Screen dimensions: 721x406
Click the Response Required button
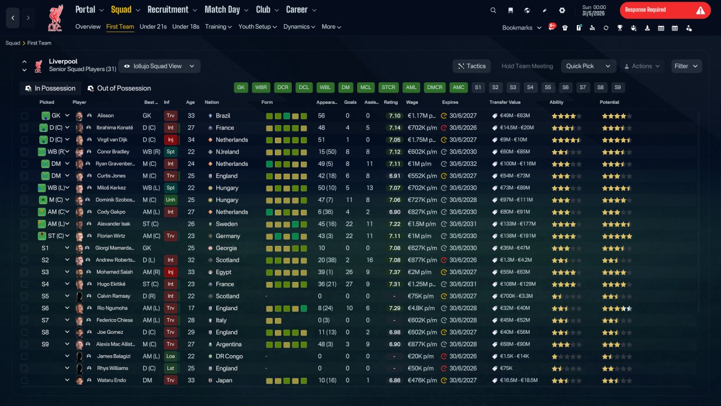tap(665, 10)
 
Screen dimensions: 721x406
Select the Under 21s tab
tap(153, 27)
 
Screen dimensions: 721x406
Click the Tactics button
tap(471, 66)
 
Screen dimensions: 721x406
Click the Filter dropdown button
tap(686, 66)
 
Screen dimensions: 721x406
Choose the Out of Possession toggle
tap(119, 89)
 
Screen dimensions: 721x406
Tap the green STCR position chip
tap(388, 87)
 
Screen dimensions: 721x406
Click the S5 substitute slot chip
tap(548, 87)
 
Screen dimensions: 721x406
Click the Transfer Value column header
tap(505, 102)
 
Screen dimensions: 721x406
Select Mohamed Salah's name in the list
tap(114, 272)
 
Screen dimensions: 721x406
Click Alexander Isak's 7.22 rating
tap(395, 224)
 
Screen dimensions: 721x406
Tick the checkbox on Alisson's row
tap(24, 116)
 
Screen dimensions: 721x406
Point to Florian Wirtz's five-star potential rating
tap(617, 236)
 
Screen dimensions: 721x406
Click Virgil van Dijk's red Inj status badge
tap(170, 140)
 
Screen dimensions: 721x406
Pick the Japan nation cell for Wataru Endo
tap(224, 380)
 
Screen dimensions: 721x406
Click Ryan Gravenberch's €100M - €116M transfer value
tap(518, 164)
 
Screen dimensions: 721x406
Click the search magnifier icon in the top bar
tap(493, 10)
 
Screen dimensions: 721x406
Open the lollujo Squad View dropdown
tap(159, 66)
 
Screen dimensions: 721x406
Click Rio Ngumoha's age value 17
tap(191, 308)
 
